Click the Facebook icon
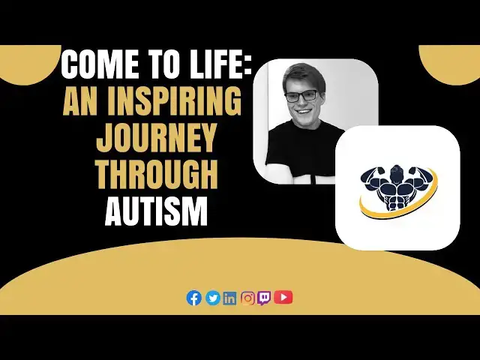click(x=194, y=298)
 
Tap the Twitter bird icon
click(x=212, y=298)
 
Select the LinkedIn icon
click(x=229, y=298)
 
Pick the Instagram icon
click(x=247, y=298)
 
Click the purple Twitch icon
click(x=265, y=298)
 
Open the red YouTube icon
click(x=283, y=298)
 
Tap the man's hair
click(x=298, y=76)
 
